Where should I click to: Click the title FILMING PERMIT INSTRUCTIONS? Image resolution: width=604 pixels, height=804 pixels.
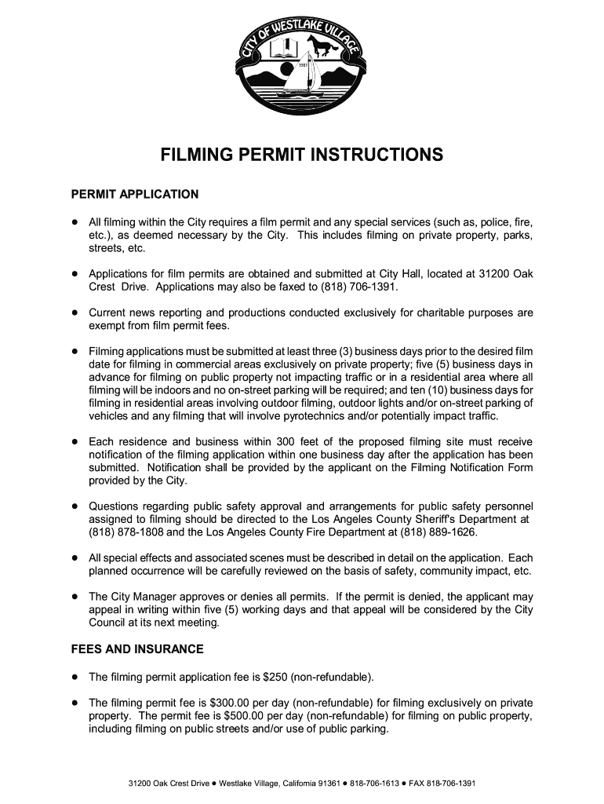(x=302, y=155)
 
